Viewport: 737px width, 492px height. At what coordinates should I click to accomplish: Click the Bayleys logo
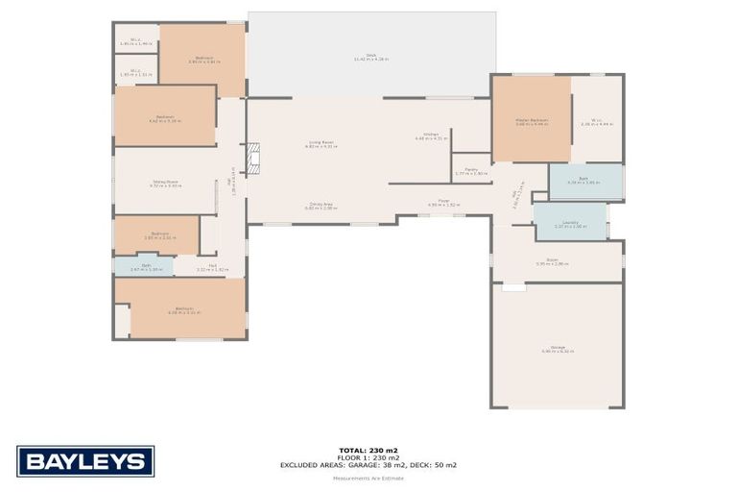pyautogui.click(x=85, y=461)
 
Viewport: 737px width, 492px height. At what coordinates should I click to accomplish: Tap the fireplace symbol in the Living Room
pyautogui.click(x=254, y=160)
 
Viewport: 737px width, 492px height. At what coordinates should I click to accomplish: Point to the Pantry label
pyautogui.click(x=472, y=171)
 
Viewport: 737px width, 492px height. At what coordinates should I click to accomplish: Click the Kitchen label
pyautogui.click(x=431, y=135)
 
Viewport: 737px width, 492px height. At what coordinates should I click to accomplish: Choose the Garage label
pyautogui.click(x=558, y=348)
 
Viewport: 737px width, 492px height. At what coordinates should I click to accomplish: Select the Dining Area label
pyautogui.click(x=321, y=205)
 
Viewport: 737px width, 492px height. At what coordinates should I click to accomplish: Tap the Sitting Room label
pyautogui.click(x=165, y=183)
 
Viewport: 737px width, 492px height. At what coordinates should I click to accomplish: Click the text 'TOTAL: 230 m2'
pyautogui.click(x=368, y=450)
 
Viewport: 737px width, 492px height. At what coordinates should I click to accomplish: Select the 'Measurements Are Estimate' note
pyautogui.click(x=368, y=475)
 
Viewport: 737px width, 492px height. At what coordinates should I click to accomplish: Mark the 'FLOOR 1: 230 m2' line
pyautogui.click(x=368, y=457)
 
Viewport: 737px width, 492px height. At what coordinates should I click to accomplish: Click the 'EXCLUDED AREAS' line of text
pyautogui.click(x=368, y=465)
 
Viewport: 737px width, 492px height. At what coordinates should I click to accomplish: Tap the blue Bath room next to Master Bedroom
pyautogui.click(x=585, y=181)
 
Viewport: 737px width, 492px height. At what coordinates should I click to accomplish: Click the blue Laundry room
pyautogui.click(x=570, y=221)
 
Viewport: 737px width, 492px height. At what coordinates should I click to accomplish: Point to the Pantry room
pyautogui.click(x=471, y=167)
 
